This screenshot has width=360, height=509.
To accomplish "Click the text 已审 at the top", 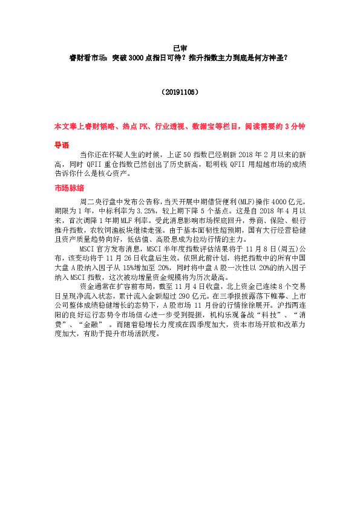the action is [180, 48].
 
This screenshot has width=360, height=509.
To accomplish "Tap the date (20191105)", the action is [180, 92].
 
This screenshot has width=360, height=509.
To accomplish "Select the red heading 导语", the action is [62, 146].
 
